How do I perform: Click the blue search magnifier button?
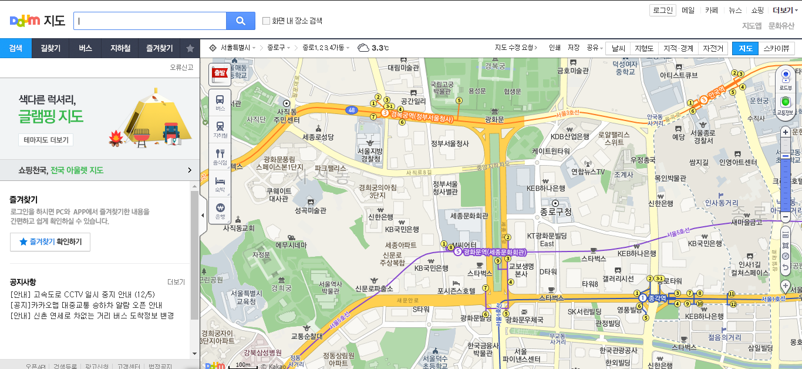241,21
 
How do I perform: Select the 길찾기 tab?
50,48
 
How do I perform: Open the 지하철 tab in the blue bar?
120,48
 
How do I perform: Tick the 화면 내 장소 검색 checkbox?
267,21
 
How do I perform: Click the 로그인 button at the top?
663,10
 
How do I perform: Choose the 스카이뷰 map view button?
776,48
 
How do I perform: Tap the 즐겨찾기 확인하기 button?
50,241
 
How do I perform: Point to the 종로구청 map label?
555,212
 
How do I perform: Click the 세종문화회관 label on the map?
469,216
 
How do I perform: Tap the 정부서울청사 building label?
450,143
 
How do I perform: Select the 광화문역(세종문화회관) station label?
494,252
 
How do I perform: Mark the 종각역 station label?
656,298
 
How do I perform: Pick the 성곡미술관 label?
310,210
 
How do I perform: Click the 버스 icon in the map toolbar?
220,102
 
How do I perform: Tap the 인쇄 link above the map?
555,48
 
